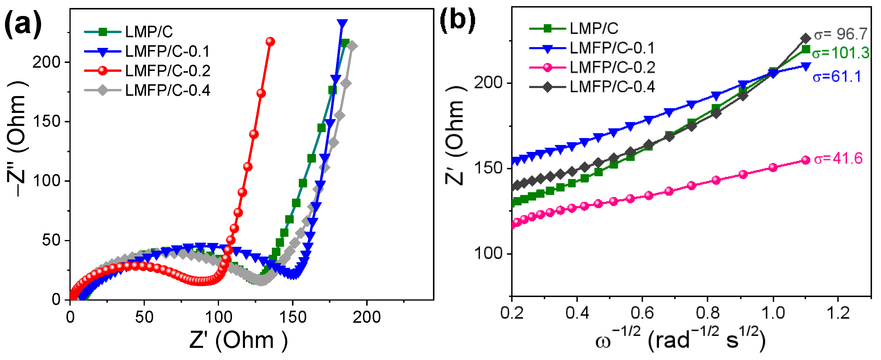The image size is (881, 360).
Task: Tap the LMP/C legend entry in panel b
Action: click(x=594, y=28)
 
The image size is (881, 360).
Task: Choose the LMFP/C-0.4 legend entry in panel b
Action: click(x=612, y=87)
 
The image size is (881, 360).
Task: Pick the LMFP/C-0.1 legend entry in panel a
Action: click(x=167, y=52)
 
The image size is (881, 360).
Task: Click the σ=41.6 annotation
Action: click(x=838, y=159)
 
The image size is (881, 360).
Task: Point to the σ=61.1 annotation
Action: click(x=837, y=77)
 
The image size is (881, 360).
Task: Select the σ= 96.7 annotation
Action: click(x=841, y=34)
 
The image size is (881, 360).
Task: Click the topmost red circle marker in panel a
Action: click(x=270, y=41)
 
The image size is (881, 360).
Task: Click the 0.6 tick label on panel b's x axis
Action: click(x=642, y=313)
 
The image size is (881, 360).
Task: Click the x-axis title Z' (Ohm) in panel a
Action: click(x=238, y=340)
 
